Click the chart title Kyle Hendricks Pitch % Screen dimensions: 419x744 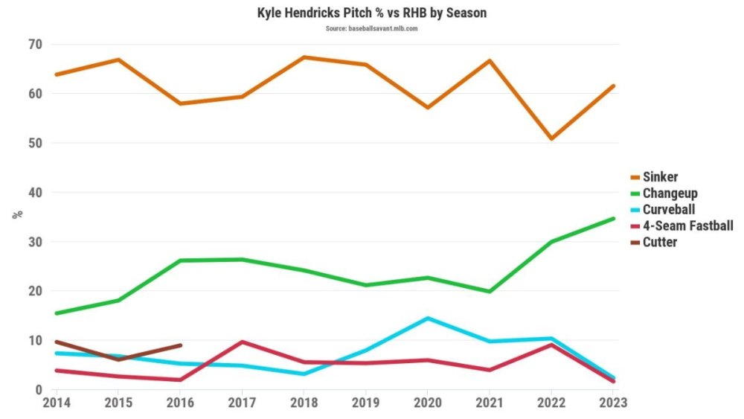(x=372, y=13)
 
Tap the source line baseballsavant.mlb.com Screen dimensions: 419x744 (x=371, y=28)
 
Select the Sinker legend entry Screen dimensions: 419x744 (x=661, y=177)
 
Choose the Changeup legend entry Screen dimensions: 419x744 (x=670, y=193)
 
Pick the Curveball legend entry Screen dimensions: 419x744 (x=669, y=209)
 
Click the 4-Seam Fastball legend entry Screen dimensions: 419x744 (x=687, y=226)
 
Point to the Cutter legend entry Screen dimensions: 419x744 (x=659, y=242)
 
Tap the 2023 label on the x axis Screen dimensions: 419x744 (x=613, y=403)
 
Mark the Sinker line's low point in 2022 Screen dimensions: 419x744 (x=551, y=138)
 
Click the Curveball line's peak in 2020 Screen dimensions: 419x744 (x=427, y=319)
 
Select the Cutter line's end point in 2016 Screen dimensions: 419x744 (x=180, y=345)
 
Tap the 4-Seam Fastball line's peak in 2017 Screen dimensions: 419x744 (x=242, y=342)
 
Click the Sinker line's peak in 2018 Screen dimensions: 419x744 (x=304, y=57)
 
